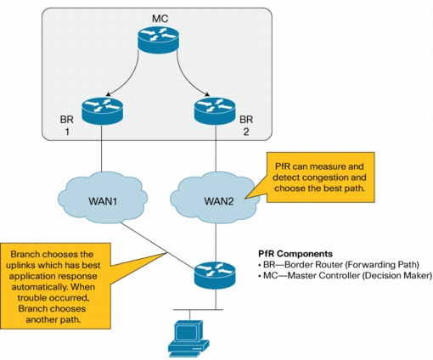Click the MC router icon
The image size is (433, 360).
pos(158,40)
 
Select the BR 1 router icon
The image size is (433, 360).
pos(102,111)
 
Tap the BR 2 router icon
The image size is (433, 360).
pos(215,111)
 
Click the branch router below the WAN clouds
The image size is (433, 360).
pos(215,275)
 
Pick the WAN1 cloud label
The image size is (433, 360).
pos(103,201)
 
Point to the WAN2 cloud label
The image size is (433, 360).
pos(219,201)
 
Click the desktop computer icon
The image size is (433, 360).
pos(188,339)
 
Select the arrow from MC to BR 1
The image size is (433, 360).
pos(131,79)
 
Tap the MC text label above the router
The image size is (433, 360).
pos(160,19)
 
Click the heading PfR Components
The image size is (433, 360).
pos(295,254)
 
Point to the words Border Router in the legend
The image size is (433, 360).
pos(315,265)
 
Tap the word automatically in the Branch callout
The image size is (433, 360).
pos(39,287)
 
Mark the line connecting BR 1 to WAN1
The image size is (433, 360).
pos(102,148)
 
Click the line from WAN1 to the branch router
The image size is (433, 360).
pos(157,245)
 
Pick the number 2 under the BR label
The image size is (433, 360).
pos(246,132)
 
